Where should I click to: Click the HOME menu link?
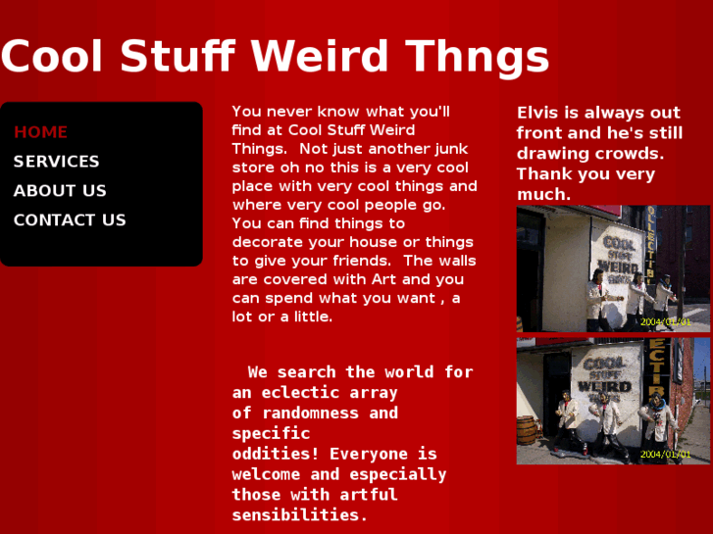pyautogui.click(x=40, y=132)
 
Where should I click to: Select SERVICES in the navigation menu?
pyautogui.click(x=56, y=162)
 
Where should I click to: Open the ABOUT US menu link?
pyautogui.click(x=60, y=191)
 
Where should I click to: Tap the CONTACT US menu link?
pyautogui.click(x=70, y=220)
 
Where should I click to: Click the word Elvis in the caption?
pyautogui.click(x=538, y=113)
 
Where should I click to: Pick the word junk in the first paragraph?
pyautogui.click(x=448, y=149)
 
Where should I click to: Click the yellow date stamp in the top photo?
pyautogui.click(x=666, y=321)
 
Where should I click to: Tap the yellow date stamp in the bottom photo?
pyautogui.click(x=666, y=455)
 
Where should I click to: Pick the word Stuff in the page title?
pyautogui.click(x=178, y=57)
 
